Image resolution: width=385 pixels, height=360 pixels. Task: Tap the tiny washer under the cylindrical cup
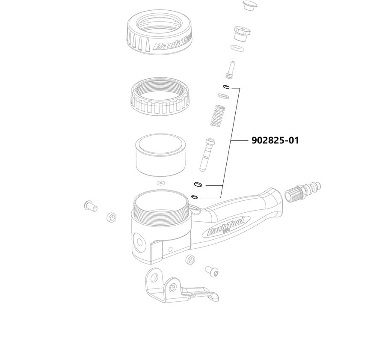(161, 183)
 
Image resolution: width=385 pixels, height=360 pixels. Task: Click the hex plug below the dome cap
(241, 33)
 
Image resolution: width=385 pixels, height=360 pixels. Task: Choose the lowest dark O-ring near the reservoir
(195, 197)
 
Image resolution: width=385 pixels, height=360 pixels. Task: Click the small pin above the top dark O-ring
(230, 69)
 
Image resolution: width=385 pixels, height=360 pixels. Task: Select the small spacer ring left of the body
(111, 216)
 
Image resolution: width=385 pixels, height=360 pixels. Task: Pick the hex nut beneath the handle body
(191, 259)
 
